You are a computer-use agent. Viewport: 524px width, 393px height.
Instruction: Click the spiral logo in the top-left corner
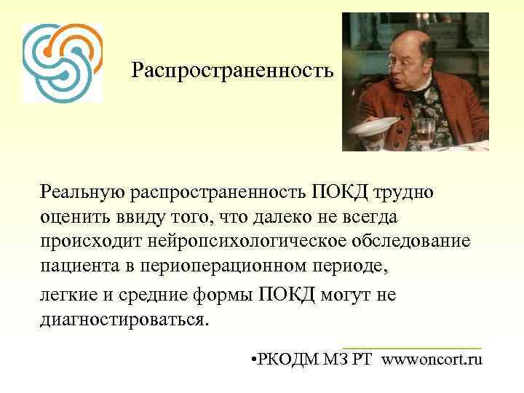pyautogui.click(x=62, y=62)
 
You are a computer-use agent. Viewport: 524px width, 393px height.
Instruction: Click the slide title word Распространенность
pyautogui.click(x=233, y=71)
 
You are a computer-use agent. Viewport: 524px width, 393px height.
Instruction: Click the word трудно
pyautogui.click(x=405, y=191)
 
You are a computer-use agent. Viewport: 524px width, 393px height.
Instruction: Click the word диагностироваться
pyautogui.click(x=124, y=319)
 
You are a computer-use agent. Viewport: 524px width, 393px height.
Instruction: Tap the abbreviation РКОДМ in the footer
pyautogui.click(x=287, y=359)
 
